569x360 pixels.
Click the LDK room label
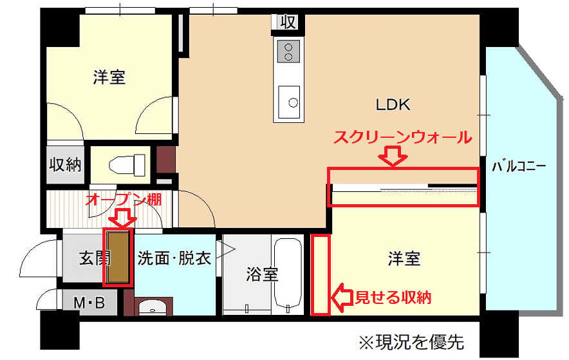coord(393,104)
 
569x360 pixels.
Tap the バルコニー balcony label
coord(519,167)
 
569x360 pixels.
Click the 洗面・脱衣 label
coord(174,258)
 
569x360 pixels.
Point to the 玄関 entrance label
coord(95,258)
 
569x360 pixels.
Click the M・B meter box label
coord(89,302)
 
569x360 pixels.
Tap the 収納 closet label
coord(65,165)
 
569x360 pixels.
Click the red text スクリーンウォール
coord(403,138)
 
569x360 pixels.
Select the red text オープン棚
coord(123,199)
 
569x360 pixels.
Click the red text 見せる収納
coord(393,298)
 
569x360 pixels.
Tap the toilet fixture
coord(127,164)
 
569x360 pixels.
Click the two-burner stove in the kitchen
coord(289,52)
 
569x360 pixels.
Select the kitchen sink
coord(289,102)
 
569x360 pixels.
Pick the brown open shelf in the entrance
coord(118,257)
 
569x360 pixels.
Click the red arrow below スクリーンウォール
coord(393,155)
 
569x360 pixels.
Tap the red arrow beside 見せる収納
coord(342,298)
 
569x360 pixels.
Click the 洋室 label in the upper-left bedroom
coord(109,77)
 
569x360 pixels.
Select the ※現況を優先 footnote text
coord(411,342)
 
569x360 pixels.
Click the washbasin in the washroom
coord(153,307)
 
